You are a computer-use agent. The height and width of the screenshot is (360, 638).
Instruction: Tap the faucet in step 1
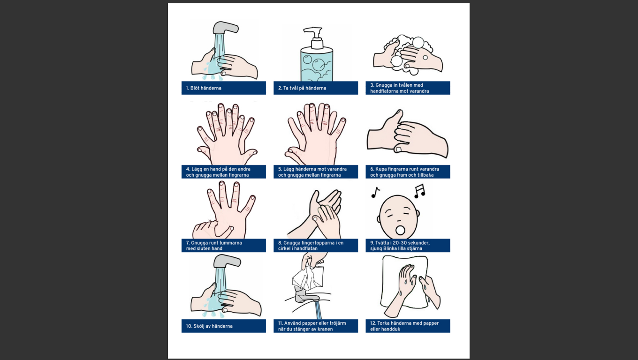click(x=226, y=28)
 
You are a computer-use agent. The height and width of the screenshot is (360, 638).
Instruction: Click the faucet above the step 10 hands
click(x=227, y=261)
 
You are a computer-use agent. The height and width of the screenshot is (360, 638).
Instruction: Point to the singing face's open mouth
click(x=400, y=230)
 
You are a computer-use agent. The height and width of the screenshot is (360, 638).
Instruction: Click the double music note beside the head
click(x=419, y=191)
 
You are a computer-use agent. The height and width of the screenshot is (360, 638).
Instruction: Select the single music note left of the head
click(x=375, y=192)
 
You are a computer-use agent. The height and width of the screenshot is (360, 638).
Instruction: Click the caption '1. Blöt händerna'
click(x=204, y=88)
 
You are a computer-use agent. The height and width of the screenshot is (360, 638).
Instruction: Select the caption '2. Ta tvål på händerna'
click(x=302, y=88)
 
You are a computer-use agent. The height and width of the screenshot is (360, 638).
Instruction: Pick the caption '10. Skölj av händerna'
click(x=209, y=326)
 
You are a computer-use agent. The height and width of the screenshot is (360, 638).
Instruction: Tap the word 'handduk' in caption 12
click(x=390, y=329)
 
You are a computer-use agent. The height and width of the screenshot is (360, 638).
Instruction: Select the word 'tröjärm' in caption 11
click(x=337, y=323)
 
